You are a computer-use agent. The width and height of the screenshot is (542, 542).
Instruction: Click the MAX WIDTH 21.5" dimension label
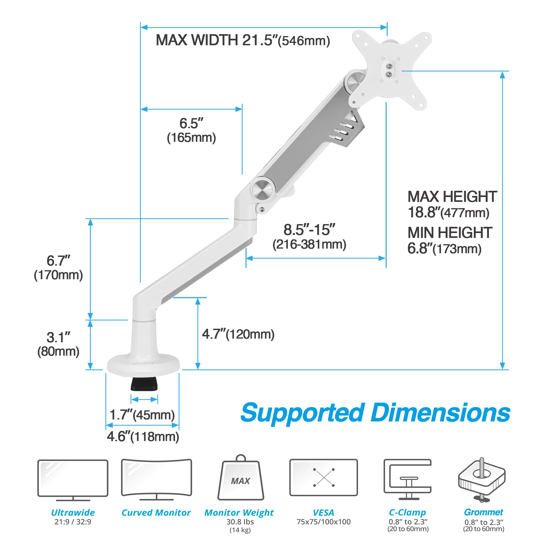pyautogui.click(x=243, y=40)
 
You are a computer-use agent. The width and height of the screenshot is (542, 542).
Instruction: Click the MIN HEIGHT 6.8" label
pyautogui.click(x=449, y=240)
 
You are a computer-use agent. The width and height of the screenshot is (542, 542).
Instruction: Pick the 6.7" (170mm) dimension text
pyautogui.click(x=58, y=268)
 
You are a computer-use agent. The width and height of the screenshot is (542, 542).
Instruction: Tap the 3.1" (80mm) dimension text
pyautogui.click(x=58, y=344)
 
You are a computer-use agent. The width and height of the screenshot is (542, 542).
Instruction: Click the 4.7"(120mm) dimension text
pyautogui.click(x=238, y=334)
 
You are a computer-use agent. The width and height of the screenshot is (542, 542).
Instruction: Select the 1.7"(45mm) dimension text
pyautogui.click(x=142, y=415)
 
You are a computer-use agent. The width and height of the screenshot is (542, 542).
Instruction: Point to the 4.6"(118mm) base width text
pyautogui.click(x=143, y=437)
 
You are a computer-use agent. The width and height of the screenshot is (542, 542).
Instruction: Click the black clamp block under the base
pyautogui.click(x=144, y=384)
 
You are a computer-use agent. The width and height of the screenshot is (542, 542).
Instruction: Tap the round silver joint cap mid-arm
pyautogui.click(x=262, y=190)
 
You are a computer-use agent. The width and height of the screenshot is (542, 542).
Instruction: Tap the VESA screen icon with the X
pyautogui.click(x=324, y=478)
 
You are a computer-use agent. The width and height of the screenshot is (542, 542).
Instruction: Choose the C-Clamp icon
pyautogui.click(x=407, y=480)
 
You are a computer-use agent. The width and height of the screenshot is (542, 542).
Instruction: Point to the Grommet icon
pyautogui.click(x=482, y=480)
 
